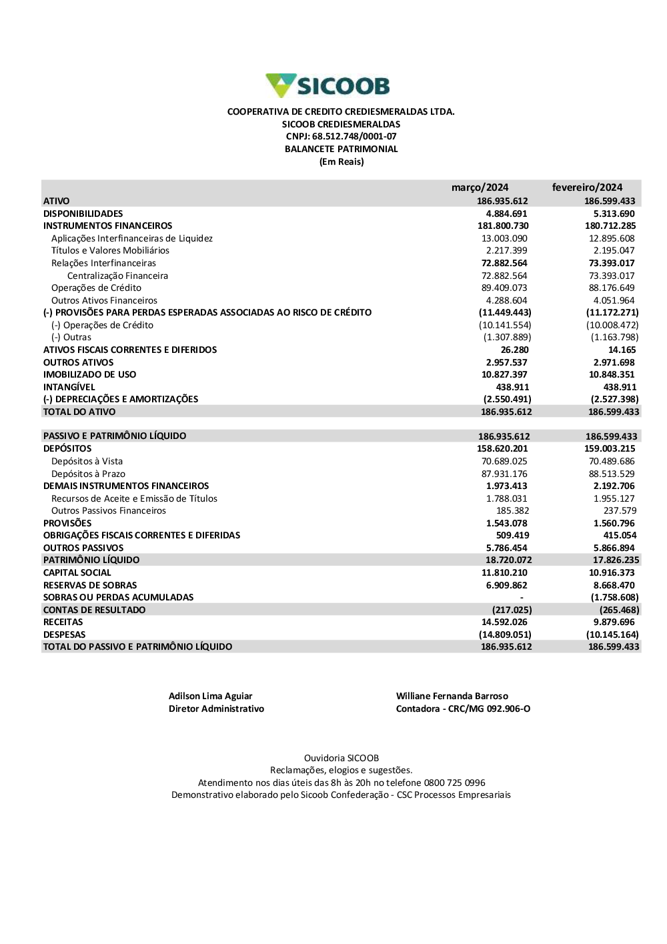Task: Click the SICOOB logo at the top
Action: click(x=327, y=86)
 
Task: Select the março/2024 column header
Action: click(x=480, y=187)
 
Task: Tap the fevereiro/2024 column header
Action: click(x=587, y=187)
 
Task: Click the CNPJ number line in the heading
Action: click(x=341, y=137)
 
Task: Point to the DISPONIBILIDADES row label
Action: click(x=83, y=213)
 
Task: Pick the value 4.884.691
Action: click(x=506, y=213)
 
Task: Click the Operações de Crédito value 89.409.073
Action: click(x=504, y=288)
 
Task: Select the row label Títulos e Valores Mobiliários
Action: click(x=110, y=251)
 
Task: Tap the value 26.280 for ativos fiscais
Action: click(x=514, y=350)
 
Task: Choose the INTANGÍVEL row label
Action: click(x=69, y=387)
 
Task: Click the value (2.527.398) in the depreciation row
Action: click(x=614, y=399)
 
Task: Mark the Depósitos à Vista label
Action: click(x=87, y=461)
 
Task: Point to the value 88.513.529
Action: click(x=612, y=474)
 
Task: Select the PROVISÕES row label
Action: click(x=67, y=523)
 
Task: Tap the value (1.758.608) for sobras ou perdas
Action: click(x=614, y=597)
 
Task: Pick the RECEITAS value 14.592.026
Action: click(x=504, y=622)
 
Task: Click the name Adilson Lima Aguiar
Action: click(x=210, y=696)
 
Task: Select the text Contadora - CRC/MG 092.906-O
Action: click(x=463, y=709)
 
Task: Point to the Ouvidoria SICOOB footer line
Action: click(x=341, y=758)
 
